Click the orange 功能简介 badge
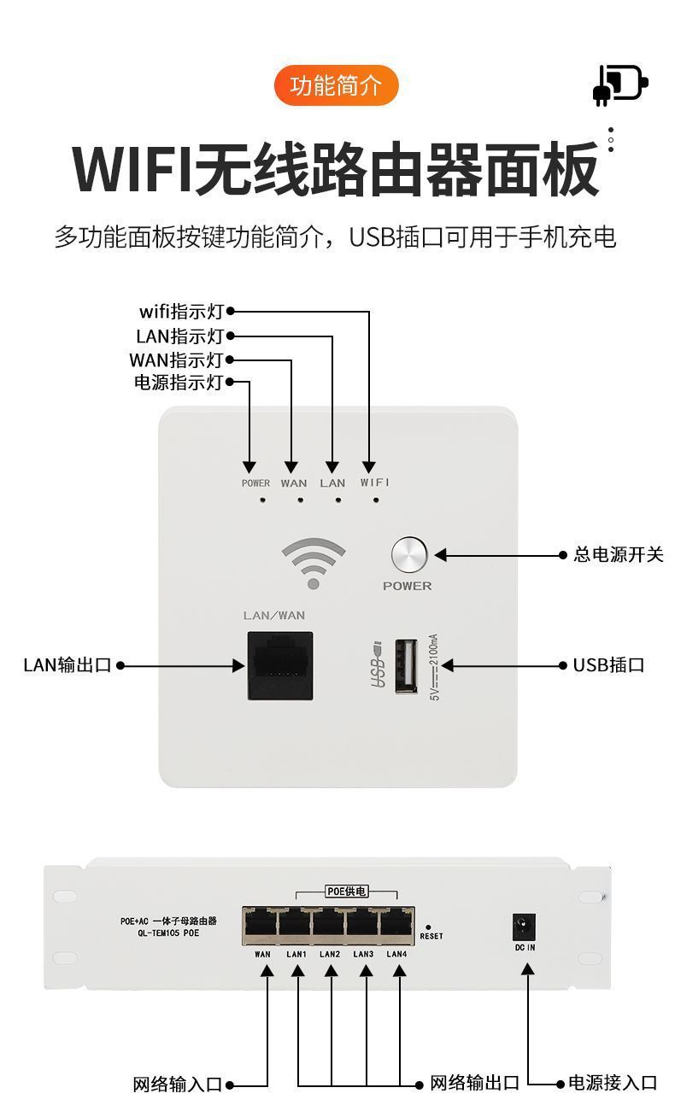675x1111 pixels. (x=336, y=85)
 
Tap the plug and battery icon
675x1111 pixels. (x=620, y=85)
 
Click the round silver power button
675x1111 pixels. (x=409, y=554)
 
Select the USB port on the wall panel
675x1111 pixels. (x=406, y=665)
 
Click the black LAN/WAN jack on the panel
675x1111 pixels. (x=280, y=665)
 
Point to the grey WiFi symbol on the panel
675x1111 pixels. (x=314, y=563)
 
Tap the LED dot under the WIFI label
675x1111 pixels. (x=376, y=500)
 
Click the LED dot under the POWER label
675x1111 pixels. (x=262, y=500)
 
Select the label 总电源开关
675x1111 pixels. (x=619, y=554)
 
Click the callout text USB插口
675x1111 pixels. (x=608, y=665)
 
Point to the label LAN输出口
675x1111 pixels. (x=67, y=665)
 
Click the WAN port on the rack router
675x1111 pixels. (x=261, y=925)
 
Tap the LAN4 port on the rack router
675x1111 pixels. (x=396, y=925)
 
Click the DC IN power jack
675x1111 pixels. (x=524, y=927)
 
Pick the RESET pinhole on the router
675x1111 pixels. (x=428, y=927)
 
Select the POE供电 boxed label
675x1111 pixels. (x=346, y=892)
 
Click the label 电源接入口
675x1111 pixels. (x=613, y=1096)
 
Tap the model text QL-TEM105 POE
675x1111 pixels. (x=169, y=933)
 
